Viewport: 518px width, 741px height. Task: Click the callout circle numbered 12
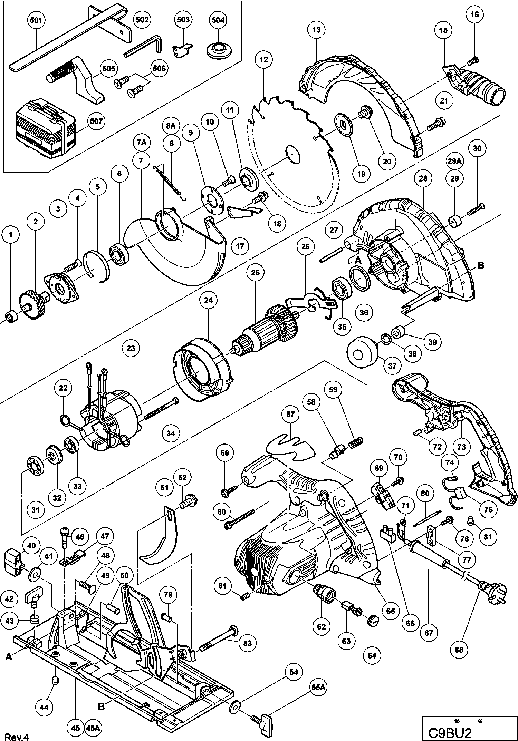click(264, 60)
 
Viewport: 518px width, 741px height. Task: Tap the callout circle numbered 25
click(255, 272)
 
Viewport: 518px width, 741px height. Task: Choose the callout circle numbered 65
click(390, 611)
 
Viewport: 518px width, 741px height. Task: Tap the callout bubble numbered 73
click(462, 447)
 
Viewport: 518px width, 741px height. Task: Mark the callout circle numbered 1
click(11, 235)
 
